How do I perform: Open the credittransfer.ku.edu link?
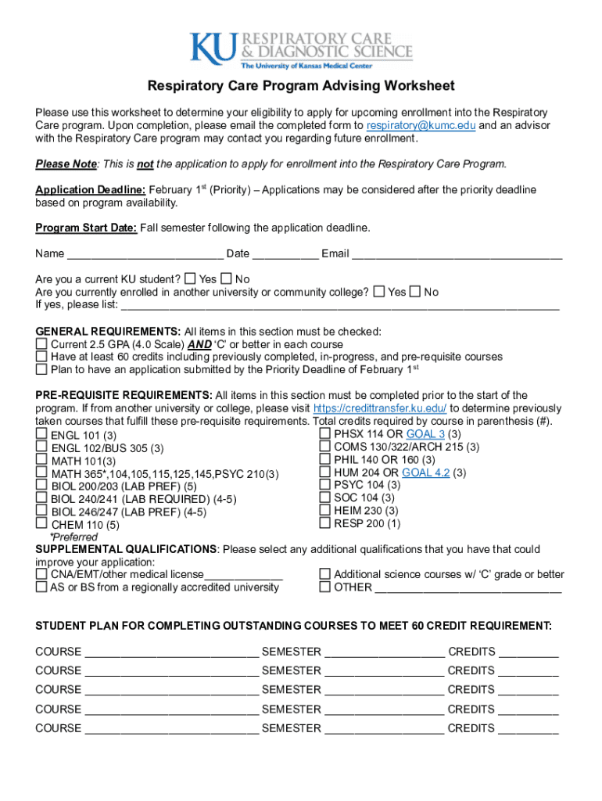coord(380,408)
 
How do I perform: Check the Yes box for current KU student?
coord(190,278)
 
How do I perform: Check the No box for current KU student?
coord(227,278)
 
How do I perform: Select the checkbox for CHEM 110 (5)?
coord(41,523)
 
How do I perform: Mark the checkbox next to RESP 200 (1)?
coord(324,523)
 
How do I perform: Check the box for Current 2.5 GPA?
coord(41,344)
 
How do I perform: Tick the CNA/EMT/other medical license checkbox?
coord(41,574)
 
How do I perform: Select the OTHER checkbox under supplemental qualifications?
coord(324,587)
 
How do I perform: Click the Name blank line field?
coord(145,254)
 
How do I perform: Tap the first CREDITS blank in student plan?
coord(529,652)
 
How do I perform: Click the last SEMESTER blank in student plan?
coord(384,729)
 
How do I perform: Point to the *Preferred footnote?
coord(73,537)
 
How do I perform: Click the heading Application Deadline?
coord(90,190)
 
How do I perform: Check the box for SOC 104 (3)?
coord(324,497)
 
